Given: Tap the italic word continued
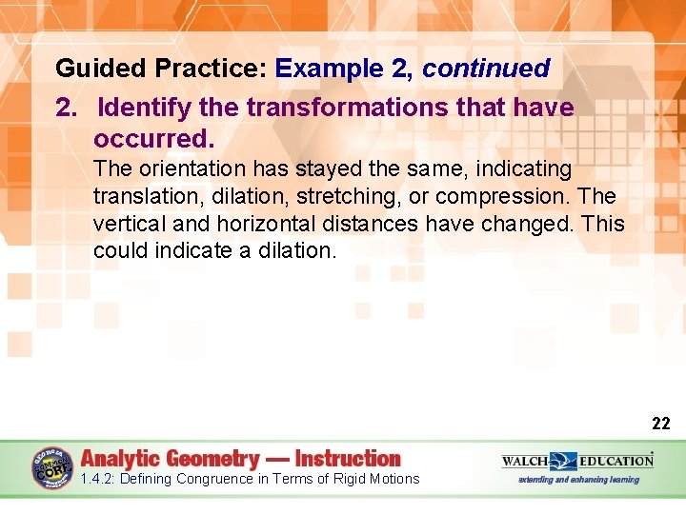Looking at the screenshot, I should pos(486,69).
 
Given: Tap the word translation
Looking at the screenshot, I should pos(140,197).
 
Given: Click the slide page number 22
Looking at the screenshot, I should pos(660,424).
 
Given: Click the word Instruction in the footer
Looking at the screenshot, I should pos(348,458).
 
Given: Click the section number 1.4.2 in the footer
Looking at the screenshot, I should pos(100,479).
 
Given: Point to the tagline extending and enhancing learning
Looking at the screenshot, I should pos(578,480).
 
